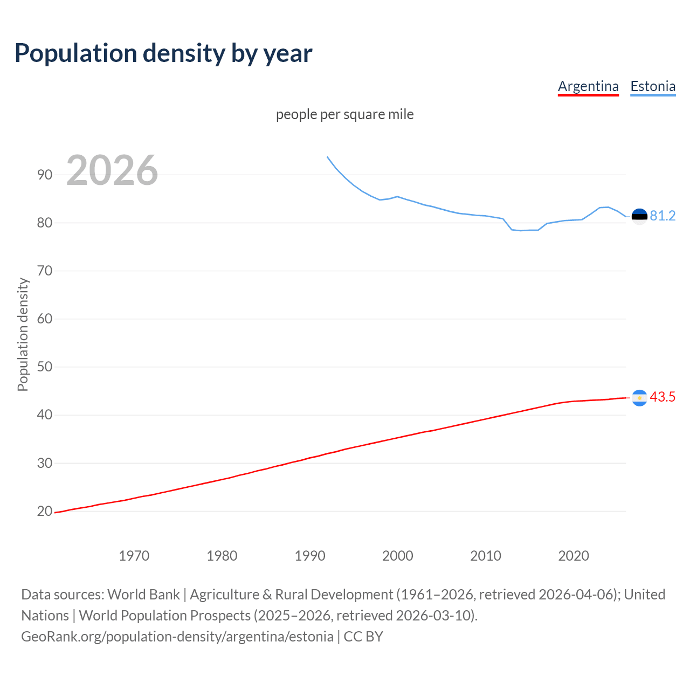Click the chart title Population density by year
[x=163, y=53]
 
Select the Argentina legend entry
[x=588, y=86]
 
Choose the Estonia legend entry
[x=653, y=86]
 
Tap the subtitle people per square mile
[x=344, y=114]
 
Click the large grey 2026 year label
[x=112, y=170]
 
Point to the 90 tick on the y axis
[x=45, y=175]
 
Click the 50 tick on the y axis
[x=45, y=367]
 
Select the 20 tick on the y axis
[x=45, y=511]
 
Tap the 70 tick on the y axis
[x=45, y=271]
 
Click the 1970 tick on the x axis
[x=134, y=556]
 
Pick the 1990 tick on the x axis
[x=310, y=556]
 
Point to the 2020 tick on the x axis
[x=574, y=556]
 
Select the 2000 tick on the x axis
[x=398, y=556]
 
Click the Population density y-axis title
[x=23, y=334]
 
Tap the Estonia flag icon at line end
[x=639, y=217]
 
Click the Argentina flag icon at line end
[x=639, y=398]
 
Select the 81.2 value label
[x=663, y=216]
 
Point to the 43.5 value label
[x=663, y=397]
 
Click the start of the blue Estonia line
[x=327, y=157]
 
